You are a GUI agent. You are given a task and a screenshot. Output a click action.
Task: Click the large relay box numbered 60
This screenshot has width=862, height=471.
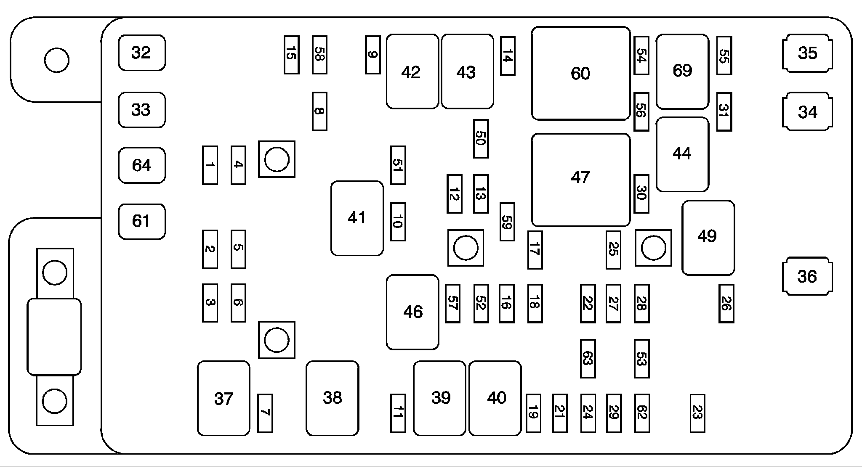[x=580, y=74]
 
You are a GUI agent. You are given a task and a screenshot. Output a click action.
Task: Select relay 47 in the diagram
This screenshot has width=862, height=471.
[x=580, y=180]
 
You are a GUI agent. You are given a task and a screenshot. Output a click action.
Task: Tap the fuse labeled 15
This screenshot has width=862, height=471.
[x=291, y=55]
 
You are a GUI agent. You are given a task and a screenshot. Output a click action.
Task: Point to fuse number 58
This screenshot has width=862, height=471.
[x=319, y=55]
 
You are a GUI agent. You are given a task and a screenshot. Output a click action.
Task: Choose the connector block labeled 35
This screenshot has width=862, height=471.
[x=807, y=53]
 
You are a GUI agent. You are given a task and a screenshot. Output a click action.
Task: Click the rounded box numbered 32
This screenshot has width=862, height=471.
[x=141, y=53]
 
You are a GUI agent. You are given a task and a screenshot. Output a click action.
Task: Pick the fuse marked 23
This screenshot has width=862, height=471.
[x=697, y=413]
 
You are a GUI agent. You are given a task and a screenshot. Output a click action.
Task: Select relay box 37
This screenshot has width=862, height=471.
[x=223, y=398]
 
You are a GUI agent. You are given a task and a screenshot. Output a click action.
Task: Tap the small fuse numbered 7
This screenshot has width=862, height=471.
[x=265, y=413]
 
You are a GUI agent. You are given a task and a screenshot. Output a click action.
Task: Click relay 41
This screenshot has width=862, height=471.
[x=357, y=218]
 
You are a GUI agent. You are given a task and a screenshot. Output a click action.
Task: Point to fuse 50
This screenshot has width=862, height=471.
[x=481, y=139]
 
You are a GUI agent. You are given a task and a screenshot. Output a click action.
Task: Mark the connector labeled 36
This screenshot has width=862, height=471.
[x=807, y=276]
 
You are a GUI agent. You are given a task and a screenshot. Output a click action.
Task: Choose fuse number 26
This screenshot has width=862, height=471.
[x=726, y=304]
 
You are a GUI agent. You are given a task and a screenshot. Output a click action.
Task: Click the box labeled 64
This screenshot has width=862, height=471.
[x=141, y=165]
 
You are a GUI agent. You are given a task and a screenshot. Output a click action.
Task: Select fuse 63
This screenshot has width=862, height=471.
[x=588, y=359]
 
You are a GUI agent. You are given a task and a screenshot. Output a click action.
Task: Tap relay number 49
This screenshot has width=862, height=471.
[x=708, y=238]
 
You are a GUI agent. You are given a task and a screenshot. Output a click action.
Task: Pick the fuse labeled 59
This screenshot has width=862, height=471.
[x=507, y=222]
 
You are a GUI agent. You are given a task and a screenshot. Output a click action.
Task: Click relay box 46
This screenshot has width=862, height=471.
[x=412, y=312]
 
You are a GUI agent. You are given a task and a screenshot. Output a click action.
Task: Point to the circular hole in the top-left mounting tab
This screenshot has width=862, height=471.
[x=56, y=60]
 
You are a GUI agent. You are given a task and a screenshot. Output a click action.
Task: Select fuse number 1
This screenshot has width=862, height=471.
[x=210, y=165]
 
